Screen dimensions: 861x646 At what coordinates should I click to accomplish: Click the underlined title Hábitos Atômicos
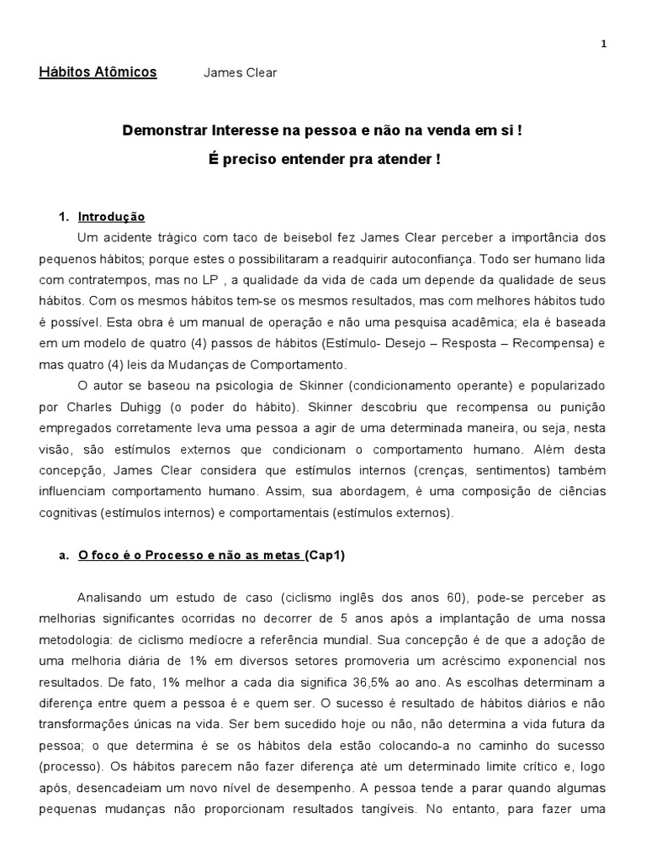click(x=98, y=72)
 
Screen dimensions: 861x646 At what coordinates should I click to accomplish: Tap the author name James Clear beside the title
click(x=240, y=73)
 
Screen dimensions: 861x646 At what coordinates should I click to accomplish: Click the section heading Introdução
click(x=111, y=217)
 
